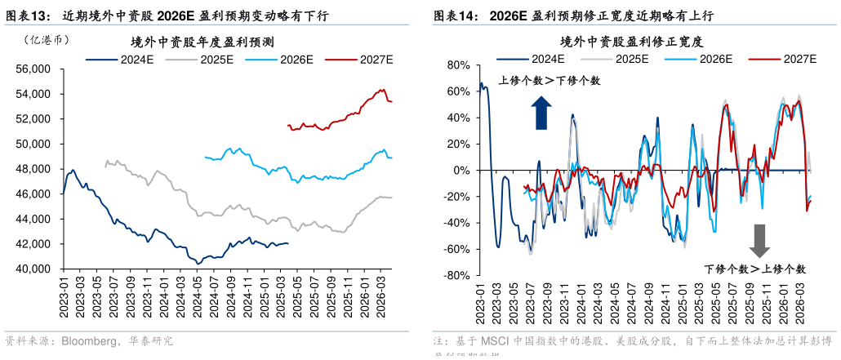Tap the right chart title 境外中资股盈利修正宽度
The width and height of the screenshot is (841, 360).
(x=632, y=40)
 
